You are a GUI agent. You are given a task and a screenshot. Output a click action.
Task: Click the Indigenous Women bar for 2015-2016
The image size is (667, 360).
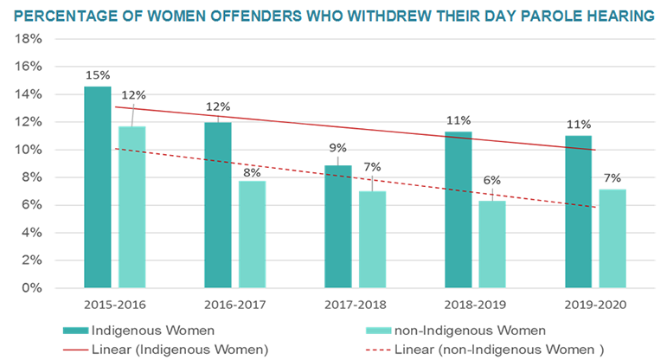[x=98, y=186]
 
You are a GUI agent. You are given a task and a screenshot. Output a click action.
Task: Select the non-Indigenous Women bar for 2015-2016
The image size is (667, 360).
[x=131, y=207]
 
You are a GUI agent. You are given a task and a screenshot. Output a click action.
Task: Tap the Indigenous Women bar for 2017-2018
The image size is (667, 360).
[x=338, y=226]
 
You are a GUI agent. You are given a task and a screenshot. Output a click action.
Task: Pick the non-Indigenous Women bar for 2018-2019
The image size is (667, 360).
[x=492, y=243]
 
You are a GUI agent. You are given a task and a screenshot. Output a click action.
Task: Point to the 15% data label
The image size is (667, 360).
[x=98, y=75]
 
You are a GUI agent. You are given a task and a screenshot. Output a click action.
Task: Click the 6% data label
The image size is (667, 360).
[x=492, y=181]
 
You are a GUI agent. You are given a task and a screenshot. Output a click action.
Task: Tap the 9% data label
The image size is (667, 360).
[x=338, y=147]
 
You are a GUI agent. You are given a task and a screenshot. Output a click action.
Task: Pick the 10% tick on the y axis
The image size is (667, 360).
[x=32, y=150]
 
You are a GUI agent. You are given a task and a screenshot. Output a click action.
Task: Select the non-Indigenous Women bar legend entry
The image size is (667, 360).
[x=466, y=330]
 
